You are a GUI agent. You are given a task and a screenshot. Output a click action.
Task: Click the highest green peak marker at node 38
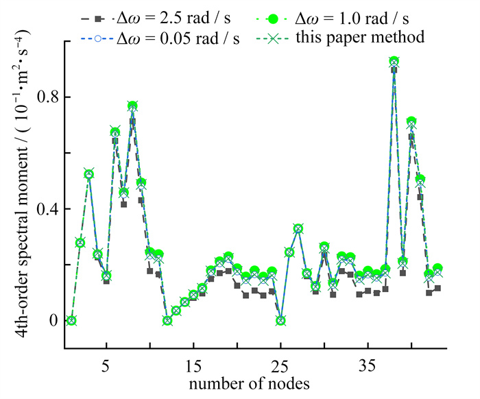pos(394,62)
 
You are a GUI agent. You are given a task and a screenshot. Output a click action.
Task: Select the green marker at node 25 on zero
pos(280,320)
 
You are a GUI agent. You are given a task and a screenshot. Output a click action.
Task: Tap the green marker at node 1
pos(71,320)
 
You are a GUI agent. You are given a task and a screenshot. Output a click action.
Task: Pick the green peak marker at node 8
pos(132,106)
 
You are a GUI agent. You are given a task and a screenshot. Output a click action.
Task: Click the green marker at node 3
pos(88,174)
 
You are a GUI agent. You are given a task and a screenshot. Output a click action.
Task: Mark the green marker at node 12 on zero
pos(167,320)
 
